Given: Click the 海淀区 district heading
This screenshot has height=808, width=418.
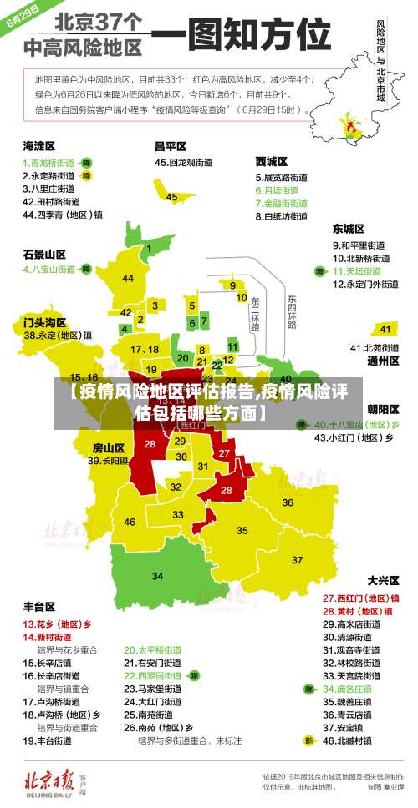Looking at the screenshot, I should click(x=40, y=145).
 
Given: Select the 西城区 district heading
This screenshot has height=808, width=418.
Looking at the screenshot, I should click(x=272, y=161).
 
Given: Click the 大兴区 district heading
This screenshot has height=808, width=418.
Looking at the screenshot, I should click(x=384, y=580).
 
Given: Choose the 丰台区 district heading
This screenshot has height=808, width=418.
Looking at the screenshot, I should click(x=39, y=607).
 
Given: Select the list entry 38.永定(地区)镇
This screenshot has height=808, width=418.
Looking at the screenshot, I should click(x=58, y=335).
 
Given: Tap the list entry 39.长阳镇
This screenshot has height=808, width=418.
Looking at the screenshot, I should click(x=108, y=460).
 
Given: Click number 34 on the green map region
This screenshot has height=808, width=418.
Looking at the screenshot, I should click(x=157, y=576).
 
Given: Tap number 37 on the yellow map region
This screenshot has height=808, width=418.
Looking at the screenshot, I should click(x=297, y=559).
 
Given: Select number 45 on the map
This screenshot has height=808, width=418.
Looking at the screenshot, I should click(x=171, y=197).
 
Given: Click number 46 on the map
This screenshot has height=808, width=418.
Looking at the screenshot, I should click(x=130, y=523).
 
